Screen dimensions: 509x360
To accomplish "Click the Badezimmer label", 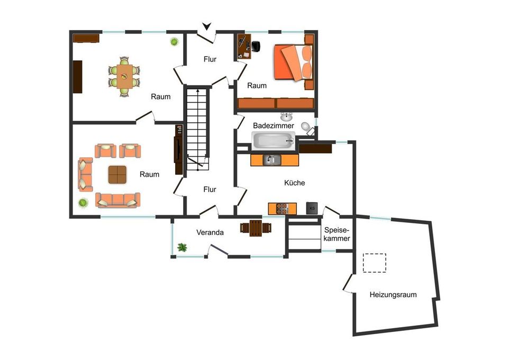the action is click(x=274, y=125).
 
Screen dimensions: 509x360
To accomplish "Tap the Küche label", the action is click(x=294, y=183).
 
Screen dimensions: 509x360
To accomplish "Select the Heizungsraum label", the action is click(x=393, y=295).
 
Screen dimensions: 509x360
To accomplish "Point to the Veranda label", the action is click(x=210, y=232).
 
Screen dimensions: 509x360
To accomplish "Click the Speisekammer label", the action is click(x=337, y=234).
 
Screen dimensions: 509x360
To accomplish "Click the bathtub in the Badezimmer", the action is click(x=274, y=141).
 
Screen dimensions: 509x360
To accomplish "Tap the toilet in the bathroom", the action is click(x=306, y=127).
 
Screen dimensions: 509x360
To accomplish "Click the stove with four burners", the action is click(x=282, y=209).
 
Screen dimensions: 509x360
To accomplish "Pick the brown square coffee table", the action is click(x=117, y=175).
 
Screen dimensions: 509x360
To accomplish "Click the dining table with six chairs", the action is click(x=124, y=77).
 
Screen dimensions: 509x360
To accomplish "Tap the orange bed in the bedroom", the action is click(x=294, y=62).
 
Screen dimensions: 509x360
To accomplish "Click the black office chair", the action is click(x=256, y=47).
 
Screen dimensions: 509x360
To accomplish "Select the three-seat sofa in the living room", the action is click(x=117, y=200).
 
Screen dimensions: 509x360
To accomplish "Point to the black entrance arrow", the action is click(x=206, y=26).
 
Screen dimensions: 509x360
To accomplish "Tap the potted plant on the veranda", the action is click(x=182, y=247).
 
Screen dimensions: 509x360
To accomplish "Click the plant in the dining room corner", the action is click(x=174, y=42).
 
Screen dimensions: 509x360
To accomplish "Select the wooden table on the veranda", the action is click(x=256, y=228).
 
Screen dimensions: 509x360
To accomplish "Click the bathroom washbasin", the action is click(x=286, y=116).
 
